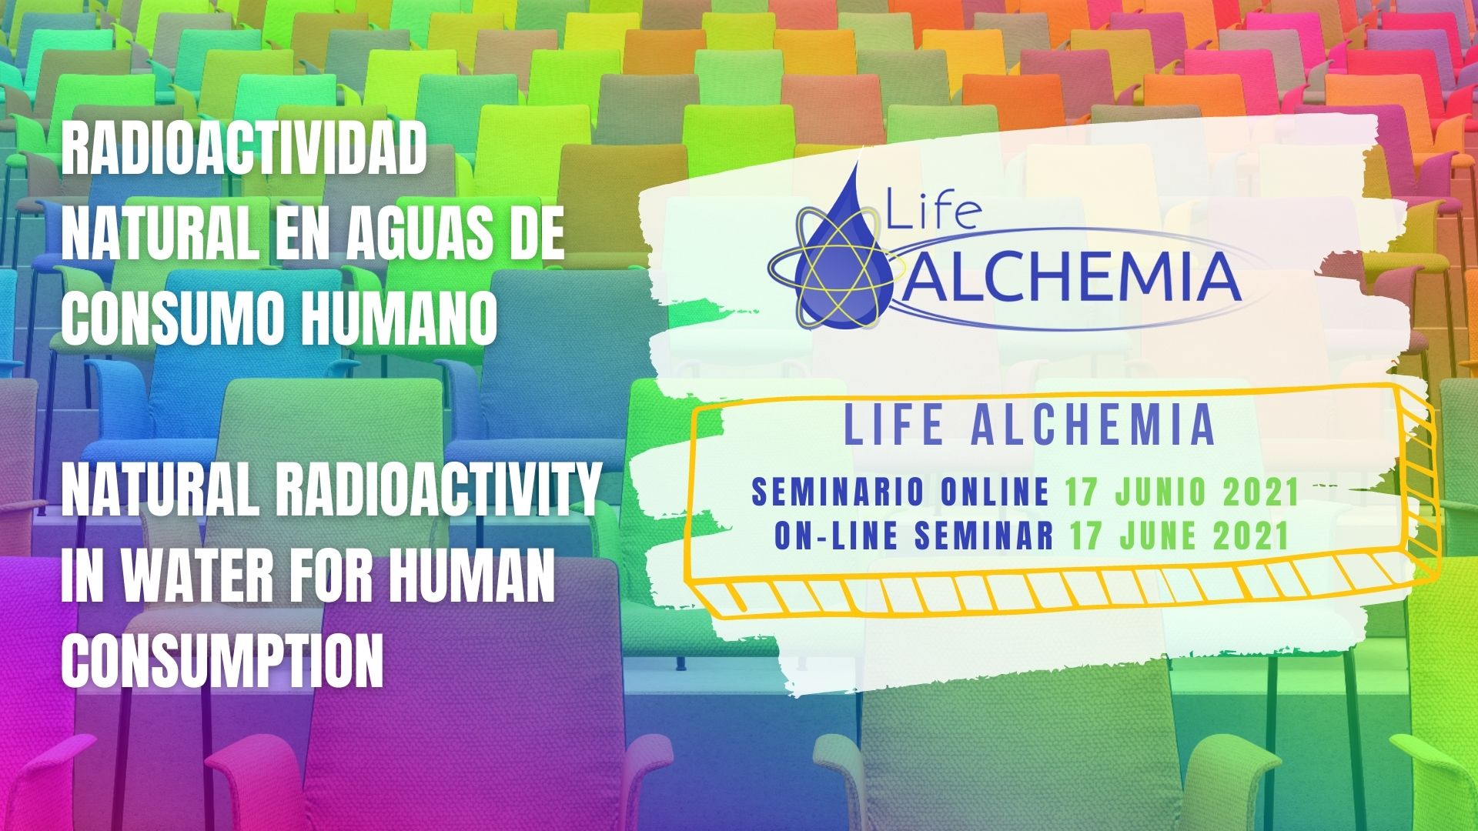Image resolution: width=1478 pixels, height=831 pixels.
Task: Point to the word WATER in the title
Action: [187, 580]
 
